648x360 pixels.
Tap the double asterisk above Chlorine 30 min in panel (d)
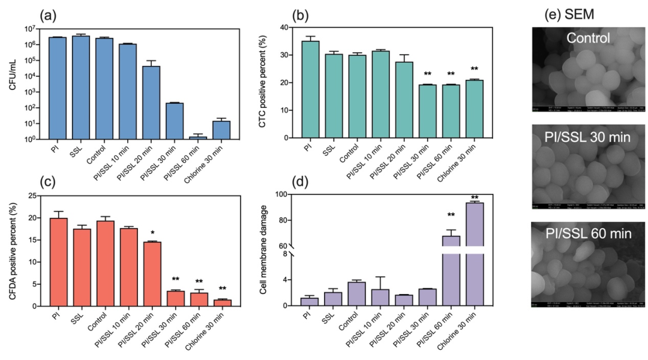(x=474, y=199)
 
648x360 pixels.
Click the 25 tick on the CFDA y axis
(x=39, y=195)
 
